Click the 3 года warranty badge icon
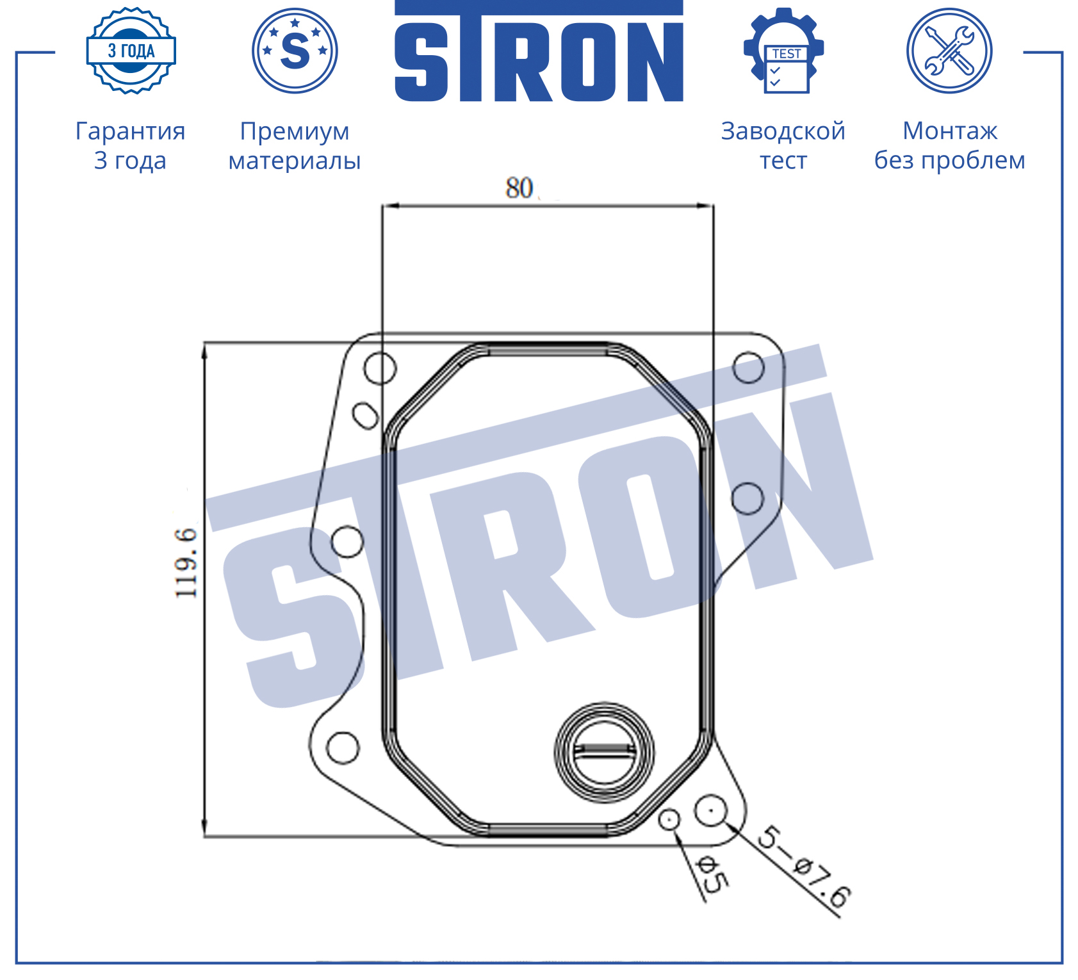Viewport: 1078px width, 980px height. pyautogui.click(x=131, y=51)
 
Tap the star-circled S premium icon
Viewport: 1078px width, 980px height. pyautogui.click(x=295, y=51)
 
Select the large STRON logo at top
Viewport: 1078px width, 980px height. pyautogui.click(x=539, y=51)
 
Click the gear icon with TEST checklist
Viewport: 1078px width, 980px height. pyautogui.click(x=784, y=51)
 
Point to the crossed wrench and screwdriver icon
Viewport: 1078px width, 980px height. pyautogui.click(x=949, y=51)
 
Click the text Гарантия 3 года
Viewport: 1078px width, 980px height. pyautogui.click(x=131, y=145)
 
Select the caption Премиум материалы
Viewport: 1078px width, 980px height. pyautogui.click(x=295, y=145)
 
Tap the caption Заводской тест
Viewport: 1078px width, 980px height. pyautogui.click(x=783, y=145)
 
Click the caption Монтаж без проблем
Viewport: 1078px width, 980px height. pyautogui.click(x=950, y=145)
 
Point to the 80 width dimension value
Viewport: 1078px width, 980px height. pyautogui.click(x=519, y=188)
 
